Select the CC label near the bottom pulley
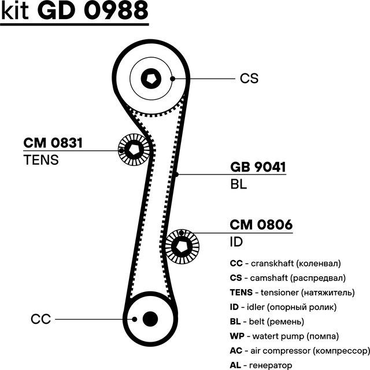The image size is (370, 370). [41, 319]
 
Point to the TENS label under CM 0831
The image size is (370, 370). [41, 160]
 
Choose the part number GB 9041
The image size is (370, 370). [258, 168]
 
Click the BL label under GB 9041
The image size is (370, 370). [238, 184]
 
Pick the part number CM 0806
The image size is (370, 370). [261, 225]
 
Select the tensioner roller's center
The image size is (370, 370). [135, 150]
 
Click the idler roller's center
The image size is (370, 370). [182, 247]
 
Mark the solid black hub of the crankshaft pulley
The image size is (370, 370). [150, 318]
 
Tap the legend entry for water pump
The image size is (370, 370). [284, 336]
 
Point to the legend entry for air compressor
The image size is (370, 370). [299, 350]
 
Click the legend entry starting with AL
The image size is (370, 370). [261, 365]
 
